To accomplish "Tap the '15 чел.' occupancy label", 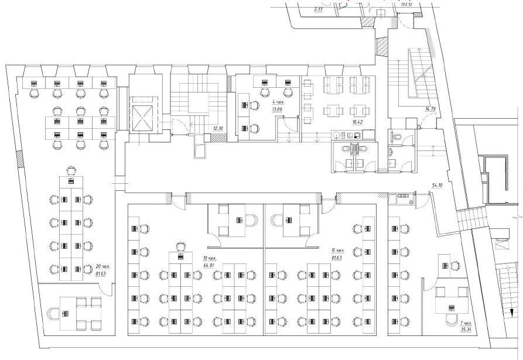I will coord(337,251).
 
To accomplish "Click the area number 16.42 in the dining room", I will coord(358,122).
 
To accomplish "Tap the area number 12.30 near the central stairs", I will coord(219,128).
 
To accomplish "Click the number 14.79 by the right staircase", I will coord(430,109).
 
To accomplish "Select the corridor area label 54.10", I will coord(437,185).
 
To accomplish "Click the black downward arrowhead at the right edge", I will coord(511,312).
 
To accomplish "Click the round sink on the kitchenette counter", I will coord(336,135).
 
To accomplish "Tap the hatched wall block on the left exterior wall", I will coord(19,157).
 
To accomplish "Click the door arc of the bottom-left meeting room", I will coord(106,288).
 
